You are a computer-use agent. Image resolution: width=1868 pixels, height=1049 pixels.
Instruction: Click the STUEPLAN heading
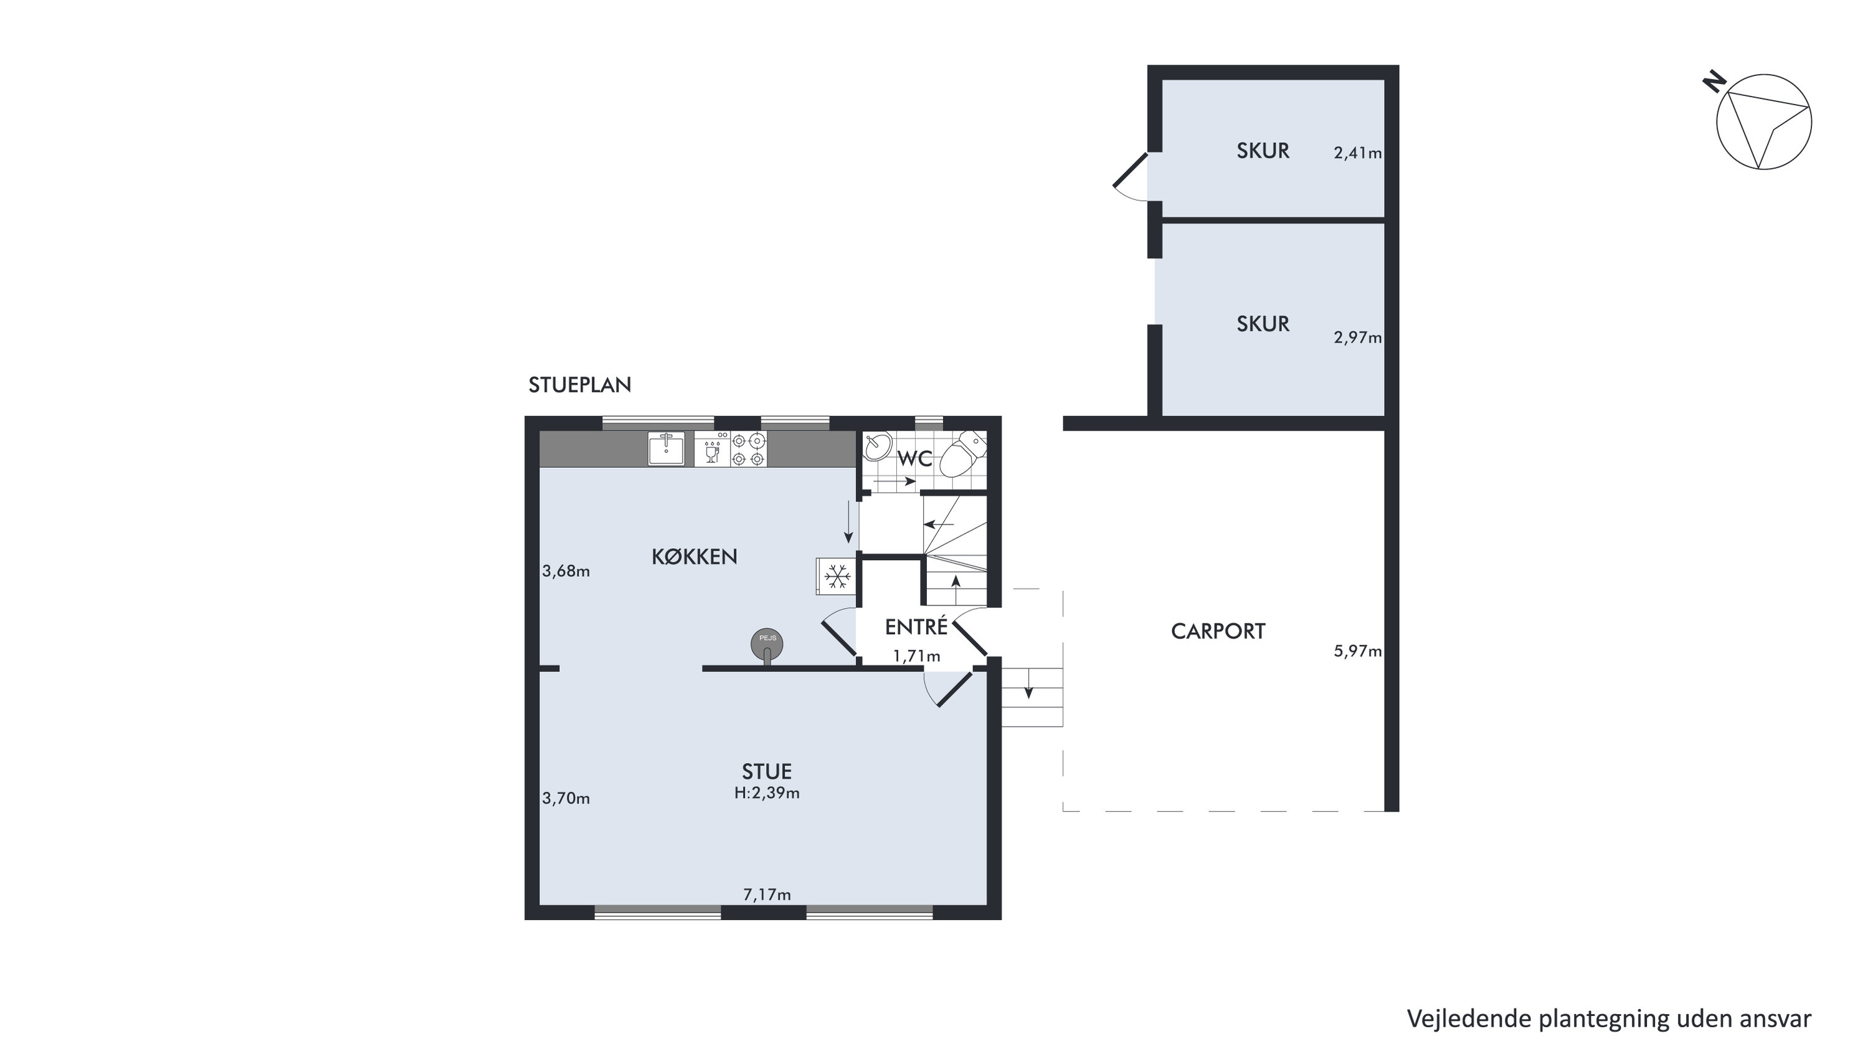579,385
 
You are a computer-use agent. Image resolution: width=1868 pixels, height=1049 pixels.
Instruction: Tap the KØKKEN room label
694,556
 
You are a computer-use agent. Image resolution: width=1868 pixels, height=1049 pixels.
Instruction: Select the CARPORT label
1218,631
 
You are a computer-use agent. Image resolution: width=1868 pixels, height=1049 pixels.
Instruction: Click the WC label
914,459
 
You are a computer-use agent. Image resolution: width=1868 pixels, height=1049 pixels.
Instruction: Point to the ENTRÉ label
917,626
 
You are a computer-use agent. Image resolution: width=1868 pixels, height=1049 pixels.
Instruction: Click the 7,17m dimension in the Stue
767,895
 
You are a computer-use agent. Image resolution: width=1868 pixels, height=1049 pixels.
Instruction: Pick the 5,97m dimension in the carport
1357,652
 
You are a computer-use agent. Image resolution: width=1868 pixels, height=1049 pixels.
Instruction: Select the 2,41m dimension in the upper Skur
1357,153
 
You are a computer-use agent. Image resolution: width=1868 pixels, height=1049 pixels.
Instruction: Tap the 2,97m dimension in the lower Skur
1357,338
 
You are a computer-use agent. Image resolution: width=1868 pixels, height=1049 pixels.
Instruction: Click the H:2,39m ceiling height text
767,793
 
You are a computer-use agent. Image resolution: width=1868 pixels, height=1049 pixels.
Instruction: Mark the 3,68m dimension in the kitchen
566,571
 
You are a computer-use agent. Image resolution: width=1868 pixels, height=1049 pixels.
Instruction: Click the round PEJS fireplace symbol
767,644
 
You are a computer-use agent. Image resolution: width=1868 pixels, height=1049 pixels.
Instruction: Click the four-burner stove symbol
748,449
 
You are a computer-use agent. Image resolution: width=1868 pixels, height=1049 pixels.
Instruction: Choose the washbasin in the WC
877,446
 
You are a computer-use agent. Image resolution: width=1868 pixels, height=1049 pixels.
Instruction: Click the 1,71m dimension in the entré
917,657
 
